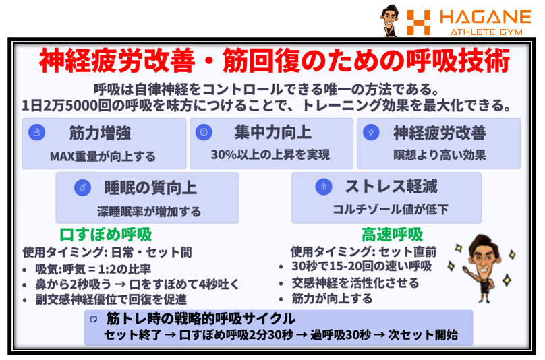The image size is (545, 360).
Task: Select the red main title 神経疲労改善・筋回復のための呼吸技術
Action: [273, 63]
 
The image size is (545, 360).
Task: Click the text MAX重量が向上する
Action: [103, 156]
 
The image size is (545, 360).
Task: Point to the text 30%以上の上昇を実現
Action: [270, 156]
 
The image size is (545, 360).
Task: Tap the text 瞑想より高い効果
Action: [439, 156]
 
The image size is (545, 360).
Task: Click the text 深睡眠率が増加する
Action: [149, 211]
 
